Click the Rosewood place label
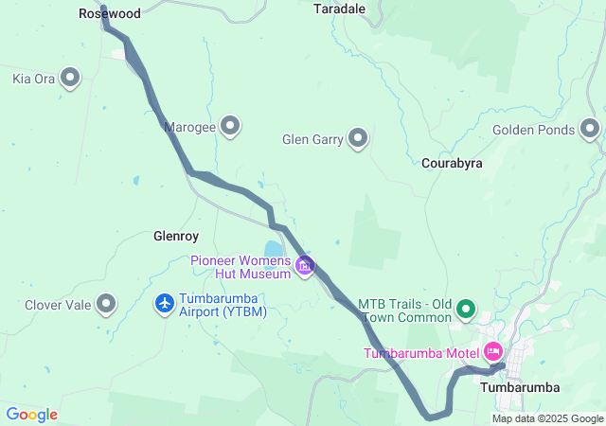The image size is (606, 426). click(x=110, y=14)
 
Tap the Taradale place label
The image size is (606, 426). click(x=339, y=8)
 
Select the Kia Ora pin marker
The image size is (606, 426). click(x=70, y=78)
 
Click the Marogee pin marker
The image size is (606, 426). click(x=230, y=125)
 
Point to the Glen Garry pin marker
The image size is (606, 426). click(x=358, y=139)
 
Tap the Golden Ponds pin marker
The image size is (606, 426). click(x=591, y=129)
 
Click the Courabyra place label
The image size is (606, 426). click(x=452, y=163)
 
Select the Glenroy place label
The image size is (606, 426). click(x=175, y=235)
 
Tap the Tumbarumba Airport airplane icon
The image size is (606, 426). click(x=165, y=303)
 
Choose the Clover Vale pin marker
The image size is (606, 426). click(x=107, y=304)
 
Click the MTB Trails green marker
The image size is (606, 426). click(x=466, y=309)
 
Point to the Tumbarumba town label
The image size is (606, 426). click(x=520, y=387)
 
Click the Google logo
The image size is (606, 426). click(x=31, y=415)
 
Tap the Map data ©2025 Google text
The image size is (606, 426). click(x=546, y=418)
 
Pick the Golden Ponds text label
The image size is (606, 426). click(x=534, y=130)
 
